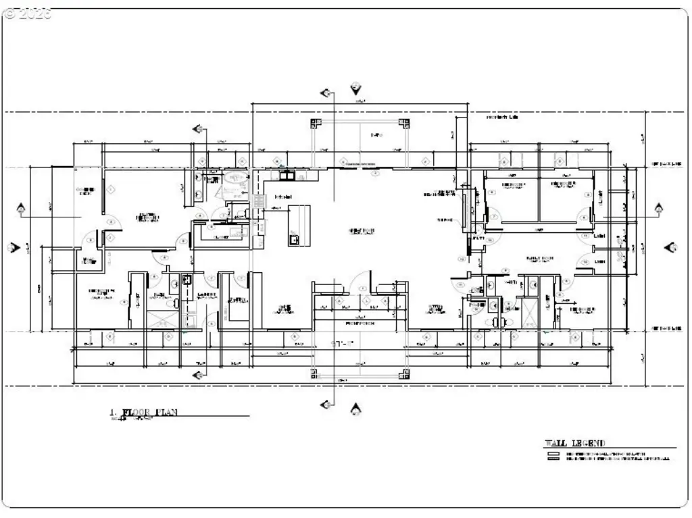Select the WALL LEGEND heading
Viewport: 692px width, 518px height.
pyautogui.click(x=575, y=443)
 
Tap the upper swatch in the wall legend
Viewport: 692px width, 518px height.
pyautogui.click(x=553, y=453)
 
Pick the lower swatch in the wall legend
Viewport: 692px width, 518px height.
pyautogui.click(x=553, y=459)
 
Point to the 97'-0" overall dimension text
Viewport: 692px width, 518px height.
pyautogui.click(x=357, y=344)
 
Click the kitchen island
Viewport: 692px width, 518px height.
pyautogui.click(x=299, y=226)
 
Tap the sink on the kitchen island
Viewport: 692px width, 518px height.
pyautogui.click(x=295, y=238)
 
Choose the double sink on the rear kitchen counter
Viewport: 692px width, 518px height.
pyautogui.click(x=287, y=176)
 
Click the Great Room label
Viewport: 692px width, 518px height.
pyautogui.click(x=362, y=231)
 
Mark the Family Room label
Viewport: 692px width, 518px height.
pyautogui.click(x=541, y=259)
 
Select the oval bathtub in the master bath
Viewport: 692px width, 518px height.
pyautogui.click(x=236, y=179)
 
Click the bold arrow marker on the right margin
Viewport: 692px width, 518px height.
pyautogui.click(x=671, y=248)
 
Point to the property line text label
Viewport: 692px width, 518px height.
pyautogui.click(x=502, y=118)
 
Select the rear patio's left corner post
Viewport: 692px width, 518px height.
pyautogui.click(x=314, y=123)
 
